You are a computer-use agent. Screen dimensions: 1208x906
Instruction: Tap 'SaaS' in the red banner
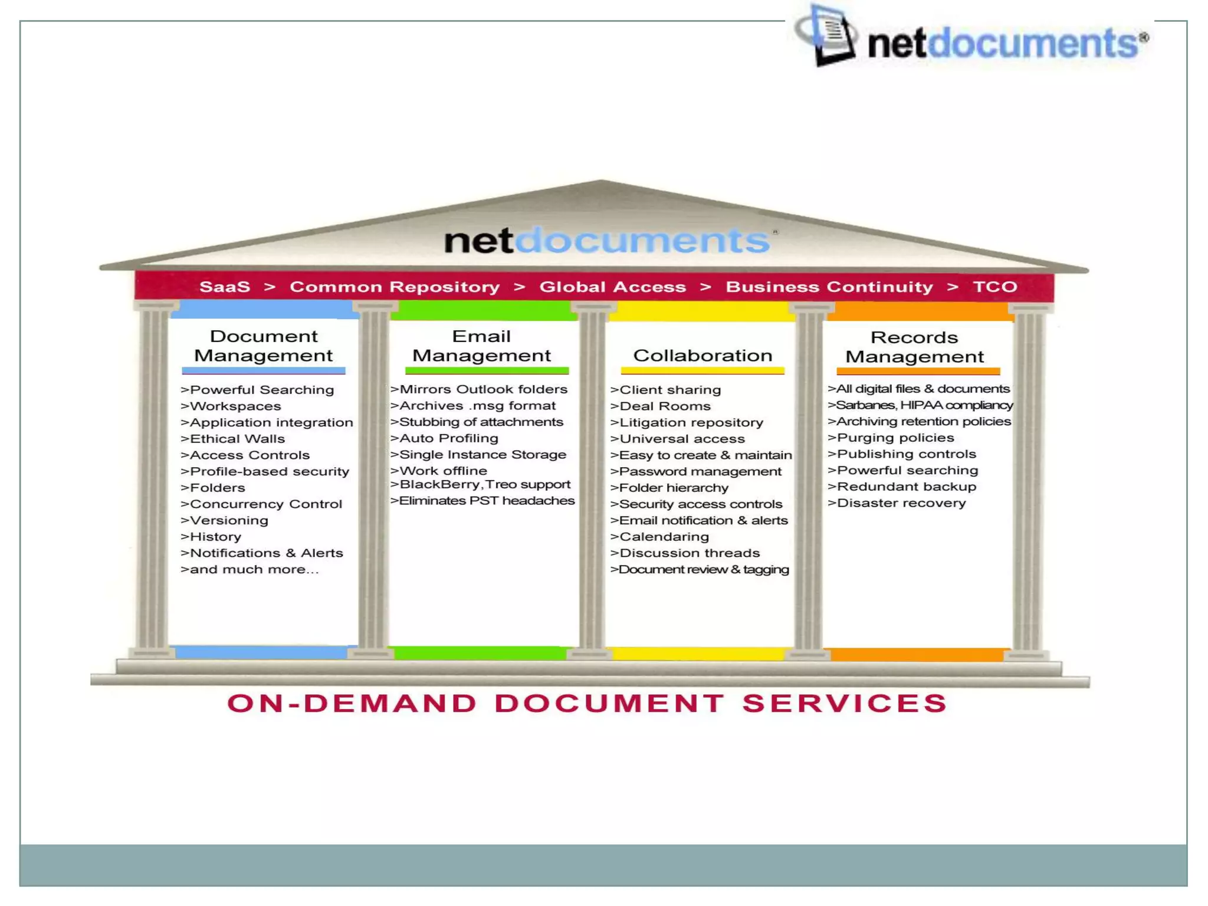click(225, 287)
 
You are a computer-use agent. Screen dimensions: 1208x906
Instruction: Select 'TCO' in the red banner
click(994, 287)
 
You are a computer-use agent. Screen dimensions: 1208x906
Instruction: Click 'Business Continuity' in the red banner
click(829, 287)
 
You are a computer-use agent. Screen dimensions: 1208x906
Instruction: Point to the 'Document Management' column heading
click(263, 346)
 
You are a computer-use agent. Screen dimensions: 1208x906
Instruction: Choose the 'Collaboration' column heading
click(702, 356)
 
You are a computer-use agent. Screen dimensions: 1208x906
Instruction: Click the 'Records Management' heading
click(914, 347)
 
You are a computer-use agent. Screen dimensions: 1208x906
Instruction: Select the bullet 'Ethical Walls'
click(237, 439)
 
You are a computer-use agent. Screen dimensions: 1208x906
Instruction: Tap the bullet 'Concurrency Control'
click(265, 504)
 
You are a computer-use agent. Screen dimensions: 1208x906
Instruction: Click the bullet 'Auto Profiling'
click(448, 438)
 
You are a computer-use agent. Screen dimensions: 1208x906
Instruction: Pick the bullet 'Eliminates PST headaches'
click(486, 501)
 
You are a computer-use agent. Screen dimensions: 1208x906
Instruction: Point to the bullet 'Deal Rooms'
click(665, 406)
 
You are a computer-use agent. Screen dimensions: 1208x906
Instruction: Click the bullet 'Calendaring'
click(664, 537)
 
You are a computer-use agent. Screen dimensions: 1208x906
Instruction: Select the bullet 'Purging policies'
click(895, 438)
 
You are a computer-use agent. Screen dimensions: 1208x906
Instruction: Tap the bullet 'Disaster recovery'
click(901, 503)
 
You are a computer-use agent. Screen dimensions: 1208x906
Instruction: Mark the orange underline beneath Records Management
click(918, 372)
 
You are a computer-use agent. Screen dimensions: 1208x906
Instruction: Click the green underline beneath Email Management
click(487, 371)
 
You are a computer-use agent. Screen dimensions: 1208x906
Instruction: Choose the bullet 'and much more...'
click(254, 570)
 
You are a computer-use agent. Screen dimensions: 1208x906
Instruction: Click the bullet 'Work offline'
click(443, 471)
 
